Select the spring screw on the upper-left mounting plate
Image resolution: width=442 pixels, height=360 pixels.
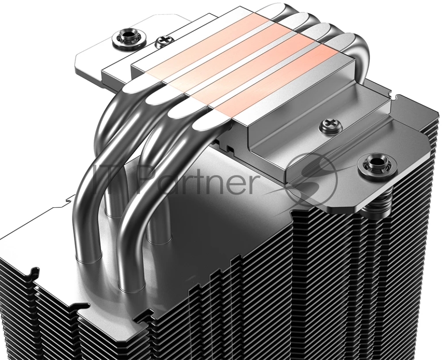pos(130,37)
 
